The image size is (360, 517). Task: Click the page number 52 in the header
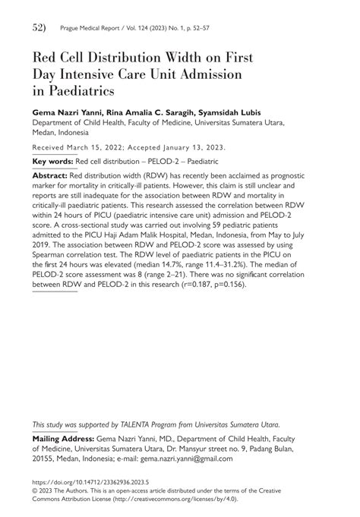(39, 28)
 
